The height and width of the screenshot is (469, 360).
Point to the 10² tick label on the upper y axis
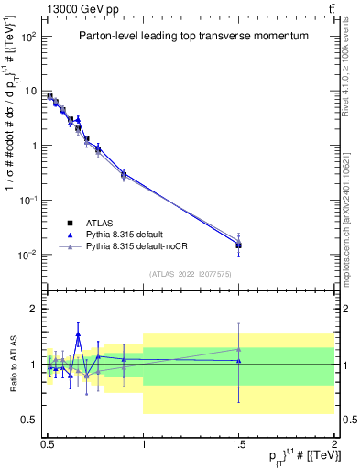point(29,37)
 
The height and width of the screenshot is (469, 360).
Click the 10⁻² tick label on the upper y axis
point(29,255)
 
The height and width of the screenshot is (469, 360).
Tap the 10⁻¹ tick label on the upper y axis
point(29,200)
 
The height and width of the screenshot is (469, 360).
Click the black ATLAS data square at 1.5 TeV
point(239,245)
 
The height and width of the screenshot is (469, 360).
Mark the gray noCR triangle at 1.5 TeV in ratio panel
point(239,348)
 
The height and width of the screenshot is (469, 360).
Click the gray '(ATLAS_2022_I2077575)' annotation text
point(191,273)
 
